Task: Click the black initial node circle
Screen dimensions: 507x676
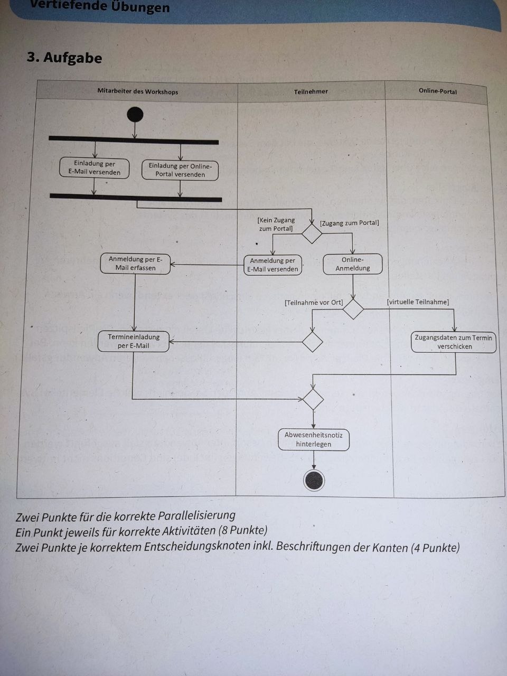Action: pyautogui.click(x=135, y=115)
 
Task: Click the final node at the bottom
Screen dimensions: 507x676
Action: pyautogui.click(x=314, y=481)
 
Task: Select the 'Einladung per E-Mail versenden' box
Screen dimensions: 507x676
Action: pyautogui.click(x=94, y=168)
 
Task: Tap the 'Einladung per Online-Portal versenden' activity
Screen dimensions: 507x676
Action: pyautogui.click(x=180, y=170)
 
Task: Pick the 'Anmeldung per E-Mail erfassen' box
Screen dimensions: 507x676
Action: pyautogui.click(x=135, y=264)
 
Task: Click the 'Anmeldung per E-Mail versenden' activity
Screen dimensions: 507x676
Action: pyautogui.click(x=273, y=265)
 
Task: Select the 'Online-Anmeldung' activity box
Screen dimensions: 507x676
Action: pyautogui.click(x=353, y=264)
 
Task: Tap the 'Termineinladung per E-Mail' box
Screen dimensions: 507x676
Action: pyautogui.click(x=133, y=341)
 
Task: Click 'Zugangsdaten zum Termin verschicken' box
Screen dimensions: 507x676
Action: pyautogui.click(x=454, y=342)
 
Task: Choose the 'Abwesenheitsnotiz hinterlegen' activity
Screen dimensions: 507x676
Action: pyautogui.click(x=314, y=440)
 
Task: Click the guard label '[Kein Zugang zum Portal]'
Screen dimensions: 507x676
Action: pyautogui.click(x=276, y=224)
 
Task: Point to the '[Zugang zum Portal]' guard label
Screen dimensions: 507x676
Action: pyautogui.click(x=350, y=223)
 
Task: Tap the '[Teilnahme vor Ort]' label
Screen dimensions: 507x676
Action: pyautogui.click(x=314, y=303)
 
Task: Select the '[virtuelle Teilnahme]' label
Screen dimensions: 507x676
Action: pyautogui.click(x=418, y=302)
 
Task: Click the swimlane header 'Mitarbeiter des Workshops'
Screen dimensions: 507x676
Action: pyautogui.click(x=138, y=91)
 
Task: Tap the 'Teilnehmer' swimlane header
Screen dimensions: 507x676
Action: pyautogui.click(x=311, y=91)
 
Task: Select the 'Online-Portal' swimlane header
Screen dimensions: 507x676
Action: pyautogui.click(x=437, y=91)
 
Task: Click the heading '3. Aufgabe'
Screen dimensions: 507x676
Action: pyautogui.click(x=64, y=58)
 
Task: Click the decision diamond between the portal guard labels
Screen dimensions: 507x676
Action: pyautogui.click(x=312, y=234)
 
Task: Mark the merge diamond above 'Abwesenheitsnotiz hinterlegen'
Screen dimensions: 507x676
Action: pyautogui.click(x=313, y=399)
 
